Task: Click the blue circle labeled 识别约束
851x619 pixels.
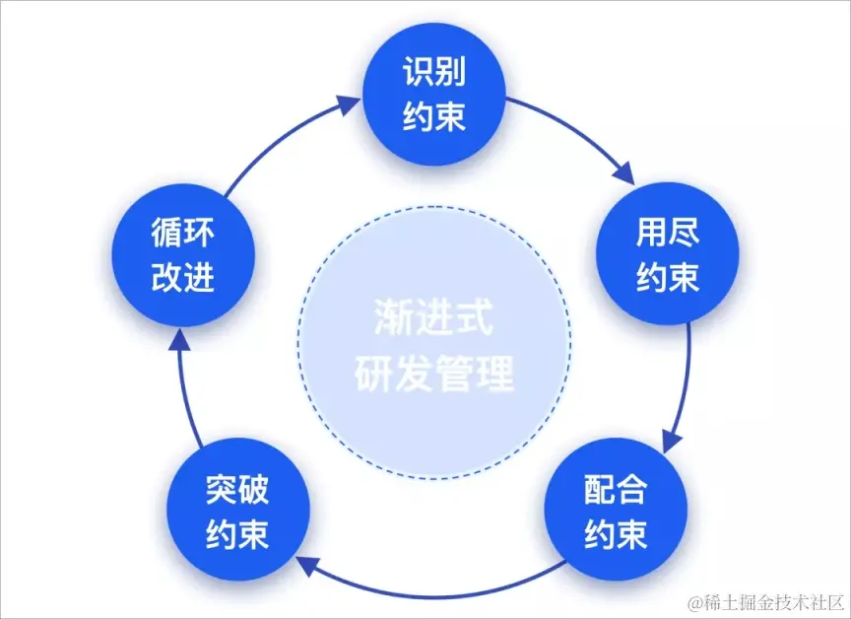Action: [433, 96]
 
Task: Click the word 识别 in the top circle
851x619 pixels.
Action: [433, 73]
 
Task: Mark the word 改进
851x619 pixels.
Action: [182, 279]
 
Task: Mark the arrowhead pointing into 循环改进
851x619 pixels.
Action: [177, 338]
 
